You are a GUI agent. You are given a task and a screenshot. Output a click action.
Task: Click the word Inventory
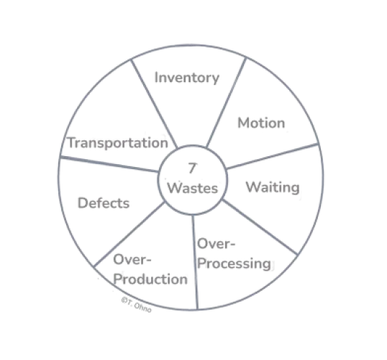(187, 78)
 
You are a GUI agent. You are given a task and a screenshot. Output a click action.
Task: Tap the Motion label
(261, 123)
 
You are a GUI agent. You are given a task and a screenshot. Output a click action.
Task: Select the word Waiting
(273, 187)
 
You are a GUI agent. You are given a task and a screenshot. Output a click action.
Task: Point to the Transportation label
(118, 143)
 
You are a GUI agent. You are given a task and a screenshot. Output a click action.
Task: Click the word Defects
(104, 203)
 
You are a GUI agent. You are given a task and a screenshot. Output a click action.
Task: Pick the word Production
(150, 279)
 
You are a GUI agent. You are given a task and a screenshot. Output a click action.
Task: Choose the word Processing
(234, 264)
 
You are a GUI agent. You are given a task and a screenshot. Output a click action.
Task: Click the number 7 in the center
(192, 168)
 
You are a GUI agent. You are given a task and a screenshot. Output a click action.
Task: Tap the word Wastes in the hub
(193, 188)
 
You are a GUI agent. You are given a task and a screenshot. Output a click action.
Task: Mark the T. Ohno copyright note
(136, 305)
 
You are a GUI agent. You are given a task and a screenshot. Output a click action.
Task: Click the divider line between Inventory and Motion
(226, 102)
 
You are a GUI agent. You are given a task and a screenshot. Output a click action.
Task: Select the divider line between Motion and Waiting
(272, 156)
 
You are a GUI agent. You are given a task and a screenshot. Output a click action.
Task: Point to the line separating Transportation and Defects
(109, 164)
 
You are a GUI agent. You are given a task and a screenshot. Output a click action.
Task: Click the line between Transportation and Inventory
(154, 103)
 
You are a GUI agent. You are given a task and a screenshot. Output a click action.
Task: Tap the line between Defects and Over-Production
(129, 234)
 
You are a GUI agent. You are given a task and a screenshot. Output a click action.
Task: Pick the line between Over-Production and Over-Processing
(195, 262)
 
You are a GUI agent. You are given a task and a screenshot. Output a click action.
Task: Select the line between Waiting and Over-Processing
(260, 227)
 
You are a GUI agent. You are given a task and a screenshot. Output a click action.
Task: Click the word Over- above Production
(132, 259)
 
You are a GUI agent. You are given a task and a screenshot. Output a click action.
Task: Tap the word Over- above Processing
(217, 244)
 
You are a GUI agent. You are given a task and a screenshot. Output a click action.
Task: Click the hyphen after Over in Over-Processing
(232, 246)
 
